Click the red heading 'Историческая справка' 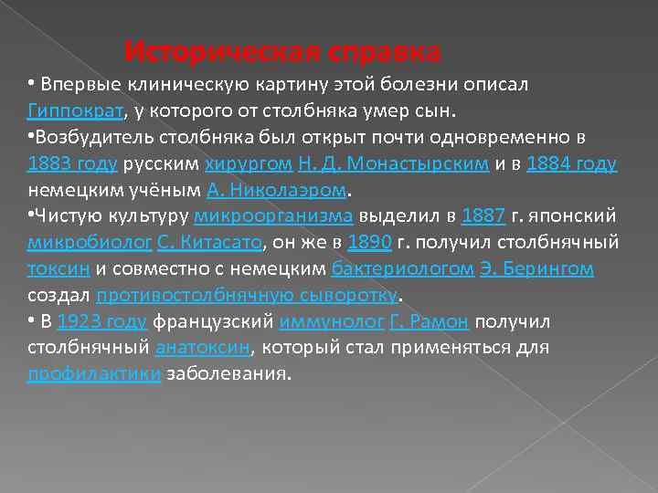click(282, 49)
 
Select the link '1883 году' click(85, 163)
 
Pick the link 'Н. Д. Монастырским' click(380, 163)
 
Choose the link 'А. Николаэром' click(279, 190)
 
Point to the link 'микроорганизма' click(274, 216)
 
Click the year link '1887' click(483, 216)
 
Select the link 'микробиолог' click(88, 243)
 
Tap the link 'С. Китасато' click(210, 243)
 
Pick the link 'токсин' click(58, 269)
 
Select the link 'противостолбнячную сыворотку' click(247, 296)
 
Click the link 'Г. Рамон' click(428, 321)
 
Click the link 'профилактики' click(94, 374)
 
